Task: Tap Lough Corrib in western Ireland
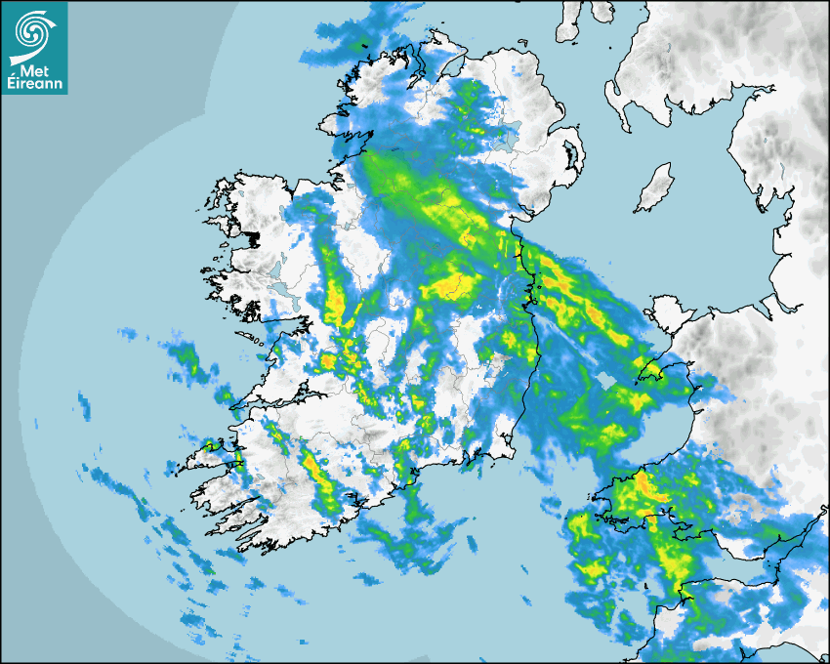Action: (x=283, y=291)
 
